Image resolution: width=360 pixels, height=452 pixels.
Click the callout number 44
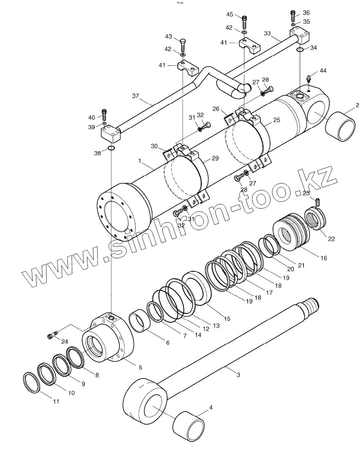pyautogui.click(x=323, y=71)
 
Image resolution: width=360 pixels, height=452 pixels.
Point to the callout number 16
pyautogui.click(x=323, y=258)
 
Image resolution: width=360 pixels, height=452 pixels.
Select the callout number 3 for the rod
pyautogui.click(x=238, y=374)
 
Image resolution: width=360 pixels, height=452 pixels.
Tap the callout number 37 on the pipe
pyautogui.click(x=136, y=97)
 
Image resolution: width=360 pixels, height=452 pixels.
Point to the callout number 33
pyautogui.click(x=267, y=33)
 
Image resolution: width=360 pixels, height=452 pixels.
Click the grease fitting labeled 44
pyautogui.click(x=309, y=78)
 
